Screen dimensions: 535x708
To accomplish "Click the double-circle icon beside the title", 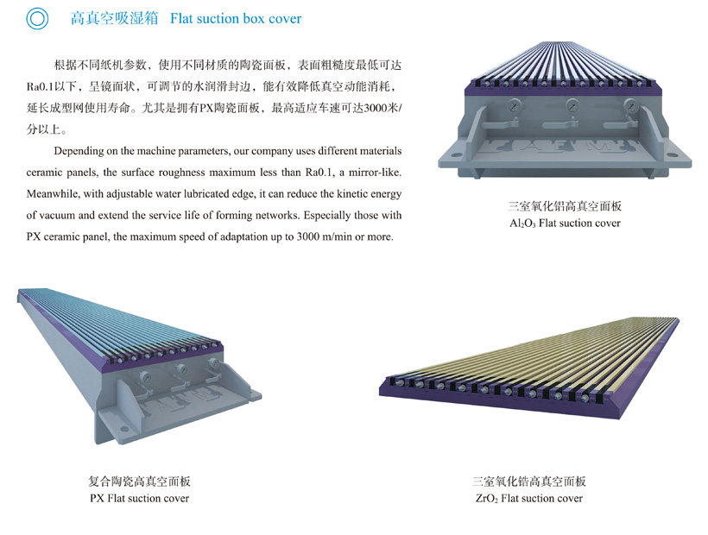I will pos(37,18).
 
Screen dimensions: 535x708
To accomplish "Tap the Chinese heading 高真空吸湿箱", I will pos(114,18).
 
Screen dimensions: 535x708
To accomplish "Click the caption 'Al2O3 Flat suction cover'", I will pos(565,223).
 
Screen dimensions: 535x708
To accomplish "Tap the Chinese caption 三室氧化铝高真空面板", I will pos(565,207).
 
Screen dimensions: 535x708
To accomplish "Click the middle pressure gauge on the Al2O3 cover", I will pos(571,107).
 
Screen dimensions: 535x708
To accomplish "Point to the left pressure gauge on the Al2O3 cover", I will pos(514,106).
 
